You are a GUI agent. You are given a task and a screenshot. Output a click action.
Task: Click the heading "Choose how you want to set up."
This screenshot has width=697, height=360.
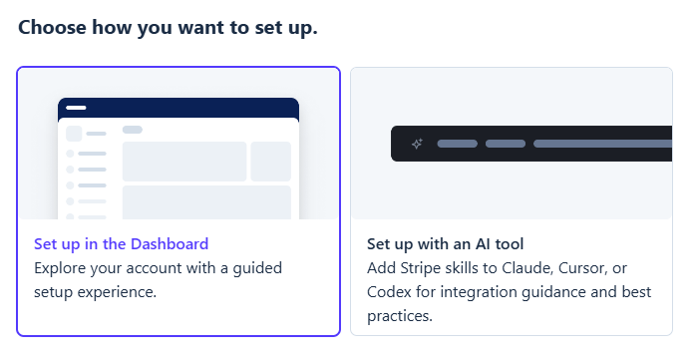coord(169,28)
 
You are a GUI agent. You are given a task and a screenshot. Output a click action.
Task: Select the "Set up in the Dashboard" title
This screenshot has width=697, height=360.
coord(122,244)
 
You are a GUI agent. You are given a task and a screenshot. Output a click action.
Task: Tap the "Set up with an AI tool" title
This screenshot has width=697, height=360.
coord(446,244)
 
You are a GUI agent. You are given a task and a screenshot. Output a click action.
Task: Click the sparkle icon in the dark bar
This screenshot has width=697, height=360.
coord(417,144)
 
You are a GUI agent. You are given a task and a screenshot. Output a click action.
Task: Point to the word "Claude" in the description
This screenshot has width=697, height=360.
coord(527,268)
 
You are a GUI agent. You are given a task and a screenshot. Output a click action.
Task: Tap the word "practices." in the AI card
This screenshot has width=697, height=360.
coord(400,316)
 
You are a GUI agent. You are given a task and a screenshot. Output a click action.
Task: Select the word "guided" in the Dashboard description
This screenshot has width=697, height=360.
coord(257,268)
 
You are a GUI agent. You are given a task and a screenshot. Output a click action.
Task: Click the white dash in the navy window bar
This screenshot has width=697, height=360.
coord(76,108)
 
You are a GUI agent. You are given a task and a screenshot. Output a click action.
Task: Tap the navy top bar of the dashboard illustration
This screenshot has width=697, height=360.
coord(178,108)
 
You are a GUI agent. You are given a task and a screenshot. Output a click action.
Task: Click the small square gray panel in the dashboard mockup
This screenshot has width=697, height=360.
coord(270,162)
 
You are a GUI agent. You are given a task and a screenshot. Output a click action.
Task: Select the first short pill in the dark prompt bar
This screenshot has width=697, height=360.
coord(458,144)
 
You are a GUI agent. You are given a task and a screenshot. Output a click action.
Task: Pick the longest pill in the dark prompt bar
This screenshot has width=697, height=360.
coord(602,144)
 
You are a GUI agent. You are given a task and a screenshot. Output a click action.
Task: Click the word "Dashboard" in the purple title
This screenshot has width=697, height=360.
coord(170,244)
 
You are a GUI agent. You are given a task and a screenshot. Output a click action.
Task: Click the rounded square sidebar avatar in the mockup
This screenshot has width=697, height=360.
coord(74,134)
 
